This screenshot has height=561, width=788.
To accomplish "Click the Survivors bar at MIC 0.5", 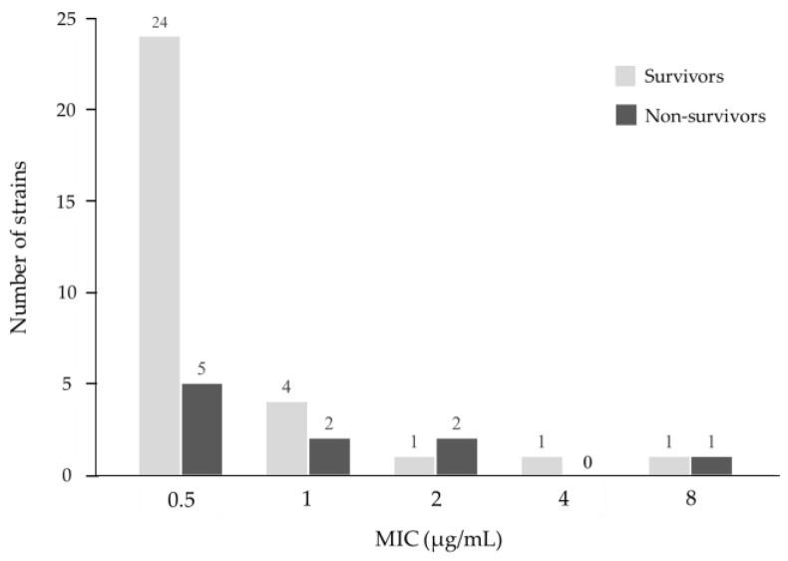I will click(x=160, y=256).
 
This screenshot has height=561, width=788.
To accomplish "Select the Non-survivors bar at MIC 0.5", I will click(x=201, y=429).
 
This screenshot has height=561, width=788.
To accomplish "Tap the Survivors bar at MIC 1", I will click(x=287, y=438).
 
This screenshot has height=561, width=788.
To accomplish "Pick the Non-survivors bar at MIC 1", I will click(x=329, y=456).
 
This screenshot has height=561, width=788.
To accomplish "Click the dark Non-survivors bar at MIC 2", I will click(x=456, y=456).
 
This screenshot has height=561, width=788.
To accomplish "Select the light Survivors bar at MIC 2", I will click(x=414, y=465).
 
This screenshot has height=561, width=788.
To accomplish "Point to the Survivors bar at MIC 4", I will click(x=542, y=465).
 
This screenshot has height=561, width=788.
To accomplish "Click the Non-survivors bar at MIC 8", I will click(x=710, y=465).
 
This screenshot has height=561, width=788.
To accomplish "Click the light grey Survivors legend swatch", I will click(x=624, y=77).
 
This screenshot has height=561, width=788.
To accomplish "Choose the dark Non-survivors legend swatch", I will click(x=624, y=116).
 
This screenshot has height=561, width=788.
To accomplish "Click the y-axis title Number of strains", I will click(x=18, y=247).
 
